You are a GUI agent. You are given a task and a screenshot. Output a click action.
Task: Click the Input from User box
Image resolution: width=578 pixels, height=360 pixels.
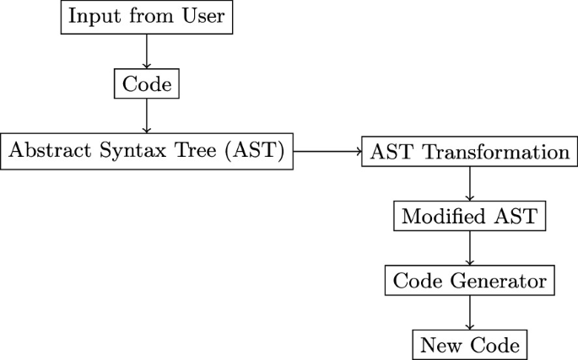pyautogui.click(x=147, y=17)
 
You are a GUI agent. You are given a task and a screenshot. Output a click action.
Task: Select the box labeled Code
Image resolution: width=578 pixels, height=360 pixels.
pyautogui.click(x=147, y=83)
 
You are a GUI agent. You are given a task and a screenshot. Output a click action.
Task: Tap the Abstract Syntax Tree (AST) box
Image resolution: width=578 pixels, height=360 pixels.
pyautogui.click(x=147, y=152)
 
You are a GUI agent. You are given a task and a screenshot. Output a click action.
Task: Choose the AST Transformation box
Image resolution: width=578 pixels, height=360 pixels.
pyautogui.click(x=469, y=153)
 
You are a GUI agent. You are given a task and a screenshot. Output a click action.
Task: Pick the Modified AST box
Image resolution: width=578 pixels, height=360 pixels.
pyautogui.click(x=469, y=216)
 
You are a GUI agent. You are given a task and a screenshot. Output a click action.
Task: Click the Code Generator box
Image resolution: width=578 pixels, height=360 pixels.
pyautogui.click(x=469, y=280)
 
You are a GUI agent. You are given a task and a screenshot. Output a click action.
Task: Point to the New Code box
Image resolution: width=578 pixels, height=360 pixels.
pyautogui.click(x=469, y=345)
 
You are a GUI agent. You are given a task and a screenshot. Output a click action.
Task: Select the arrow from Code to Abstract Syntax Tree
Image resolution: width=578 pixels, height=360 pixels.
pyautogui.click(x=147, y=116)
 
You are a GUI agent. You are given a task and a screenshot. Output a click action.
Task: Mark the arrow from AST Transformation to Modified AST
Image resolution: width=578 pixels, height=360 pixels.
pyautogui.click(x=469, y=185)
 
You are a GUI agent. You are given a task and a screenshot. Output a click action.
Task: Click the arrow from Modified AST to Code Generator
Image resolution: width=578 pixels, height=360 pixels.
pyautogui.click(x=469, y=248)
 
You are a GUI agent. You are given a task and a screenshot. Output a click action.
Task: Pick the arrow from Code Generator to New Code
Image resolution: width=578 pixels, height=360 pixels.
pyautogui.click(x=469, y=313)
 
